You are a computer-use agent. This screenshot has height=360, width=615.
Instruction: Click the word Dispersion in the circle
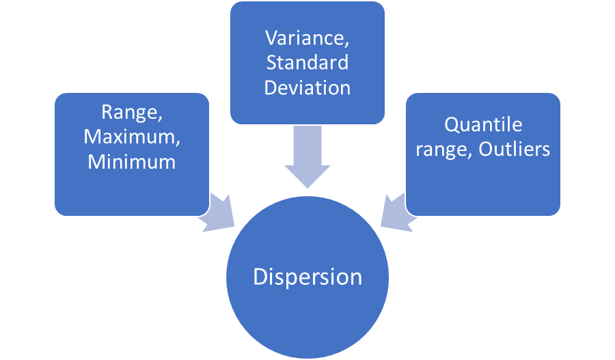[x=307, y=277]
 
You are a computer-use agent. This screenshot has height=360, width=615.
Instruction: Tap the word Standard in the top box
[x=307, y=62]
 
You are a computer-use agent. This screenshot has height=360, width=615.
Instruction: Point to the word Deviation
[x=307, y=87]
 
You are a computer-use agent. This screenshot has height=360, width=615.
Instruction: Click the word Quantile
[x=483, y=124]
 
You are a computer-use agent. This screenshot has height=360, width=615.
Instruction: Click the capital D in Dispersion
[x=260, y=277]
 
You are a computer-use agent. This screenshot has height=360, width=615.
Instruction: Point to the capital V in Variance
[x=271, y=38]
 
